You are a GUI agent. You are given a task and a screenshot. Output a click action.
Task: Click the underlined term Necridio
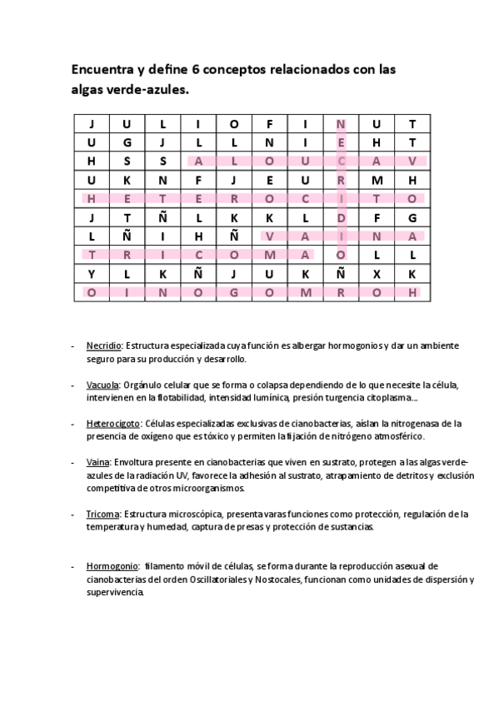104,346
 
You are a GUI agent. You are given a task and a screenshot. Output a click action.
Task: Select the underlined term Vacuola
102,385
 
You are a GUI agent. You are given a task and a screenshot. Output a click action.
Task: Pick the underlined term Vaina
98,462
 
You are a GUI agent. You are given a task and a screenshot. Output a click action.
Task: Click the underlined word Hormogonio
112,565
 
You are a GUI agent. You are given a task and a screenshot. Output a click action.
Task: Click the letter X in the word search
377,273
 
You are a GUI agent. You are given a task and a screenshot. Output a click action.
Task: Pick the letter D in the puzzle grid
341,217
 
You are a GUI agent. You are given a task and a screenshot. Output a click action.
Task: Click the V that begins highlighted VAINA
270,236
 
